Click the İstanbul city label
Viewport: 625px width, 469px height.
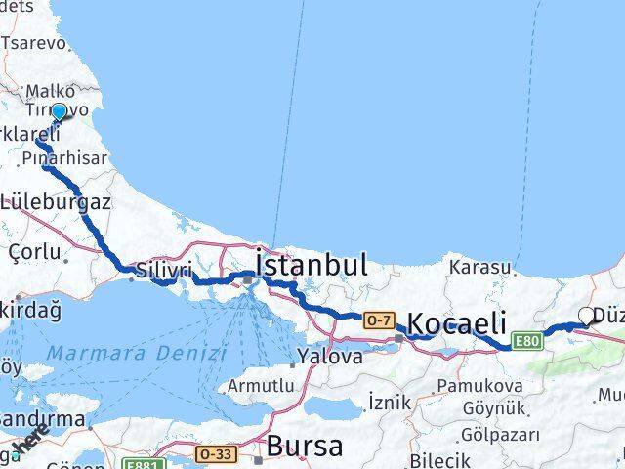coord(311,265)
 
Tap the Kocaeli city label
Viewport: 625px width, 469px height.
coord(456,323)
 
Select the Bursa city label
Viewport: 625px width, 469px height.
coord(305,448)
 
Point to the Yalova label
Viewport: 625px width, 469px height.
coord(331,357)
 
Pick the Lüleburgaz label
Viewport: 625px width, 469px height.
coord(56,203)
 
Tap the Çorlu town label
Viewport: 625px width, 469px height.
coord(34,252)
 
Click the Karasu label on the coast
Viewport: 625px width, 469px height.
coord(479,267)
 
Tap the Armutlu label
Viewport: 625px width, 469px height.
coord(260,386)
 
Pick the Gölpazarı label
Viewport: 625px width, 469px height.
coord(480,434)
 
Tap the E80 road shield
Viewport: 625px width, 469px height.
coord(528,340)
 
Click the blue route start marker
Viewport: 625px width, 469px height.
coord(59,112)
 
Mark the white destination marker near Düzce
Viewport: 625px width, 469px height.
coord(586,316)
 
